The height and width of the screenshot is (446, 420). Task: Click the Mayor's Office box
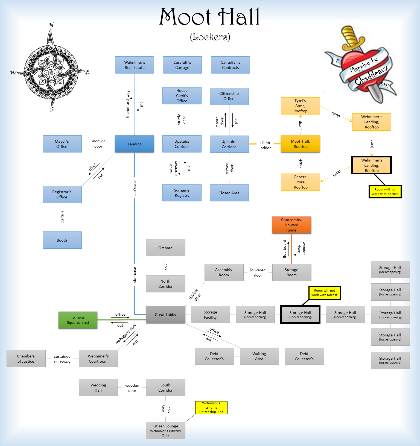pos(62,144)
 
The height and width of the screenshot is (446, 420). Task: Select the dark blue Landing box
pos(135,144)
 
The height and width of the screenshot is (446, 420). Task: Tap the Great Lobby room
pos(165,315)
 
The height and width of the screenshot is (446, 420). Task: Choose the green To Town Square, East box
pos(78,320)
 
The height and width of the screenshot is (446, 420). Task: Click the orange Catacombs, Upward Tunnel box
pos(291,225)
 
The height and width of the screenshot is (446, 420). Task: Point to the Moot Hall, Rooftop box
pos(301,144)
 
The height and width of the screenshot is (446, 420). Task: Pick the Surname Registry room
pos(182,193)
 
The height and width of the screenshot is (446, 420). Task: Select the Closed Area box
pos(229,193)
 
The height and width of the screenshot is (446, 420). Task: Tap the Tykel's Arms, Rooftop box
pos(300,106)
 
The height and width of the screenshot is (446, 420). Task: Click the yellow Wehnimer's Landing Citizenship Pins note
pos(211,407)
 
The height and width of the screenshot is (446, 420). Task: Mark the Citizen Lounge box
pos(165,430)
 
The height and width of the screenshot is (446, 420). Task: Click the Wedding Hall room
pos(98,388)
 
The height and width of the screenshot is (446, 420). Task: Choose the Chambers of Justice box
pos(26,359)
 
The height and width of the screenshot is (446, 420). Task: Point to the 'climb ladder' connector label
pos(265,145)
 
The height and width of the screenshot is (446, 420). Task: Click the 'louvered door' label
pos(258,272)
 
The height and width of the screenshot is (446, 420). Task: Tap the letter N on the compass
pos(51,25)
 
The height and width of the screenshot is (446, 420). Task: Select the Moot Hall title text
pos(210,17)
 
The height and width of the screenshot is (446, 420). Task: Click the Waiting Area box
pos(259,356)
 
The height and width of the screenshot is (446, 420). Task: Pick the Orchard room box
pos(165,248)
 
